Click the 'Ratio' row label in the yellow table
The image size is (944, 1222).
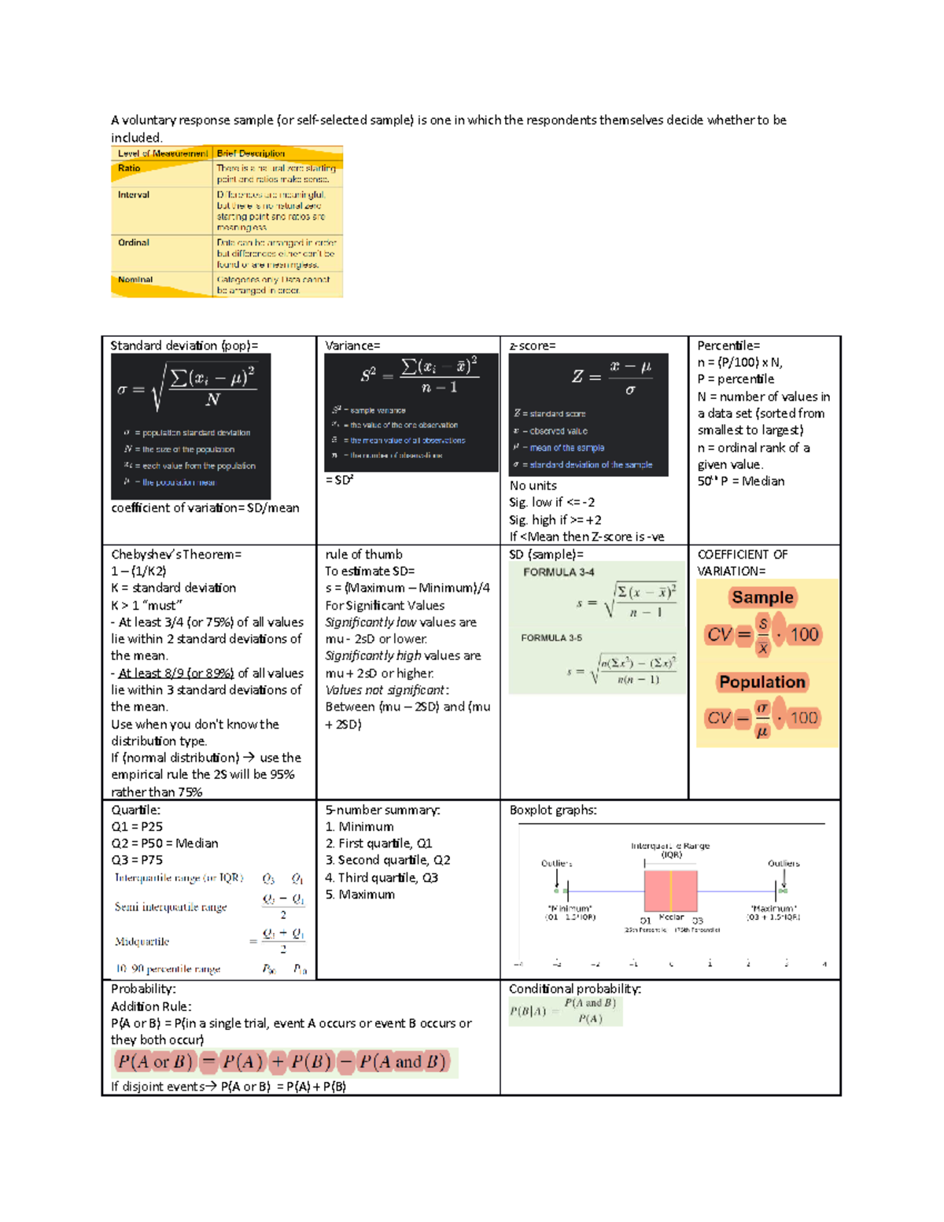coord(129,168)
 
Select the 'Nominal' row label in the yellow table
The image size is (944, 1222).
coord(135,279)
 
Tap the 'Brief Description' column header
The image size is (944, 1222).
coord(250,153)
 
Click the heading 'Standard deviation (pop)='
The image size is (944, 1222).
coord(184,345)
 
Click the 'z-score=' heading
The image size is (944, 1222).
coord(533,345)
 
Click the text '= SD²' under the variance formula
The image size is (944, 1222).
coord(339,480)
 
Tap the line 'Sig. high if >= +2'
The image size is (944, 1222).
coord(555,520)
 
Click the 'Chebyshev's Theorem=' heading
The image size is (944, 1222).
coord(176,555)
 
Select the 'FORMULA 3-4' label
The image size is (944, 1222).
coord(559,572)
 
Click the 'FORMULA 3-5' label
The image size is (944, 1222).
coord(551,637)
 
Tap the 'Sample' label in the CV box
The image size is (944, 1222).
coord(762,597)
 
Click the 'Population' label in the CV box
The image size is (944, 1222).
coord(762,682)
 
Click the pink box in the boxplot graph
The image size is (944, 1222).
coord(670,890)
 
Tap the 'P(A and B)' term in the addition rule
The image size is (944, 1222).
coord(403,1062)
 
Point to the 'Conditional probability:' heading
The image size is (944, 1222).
coord(575,989)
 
